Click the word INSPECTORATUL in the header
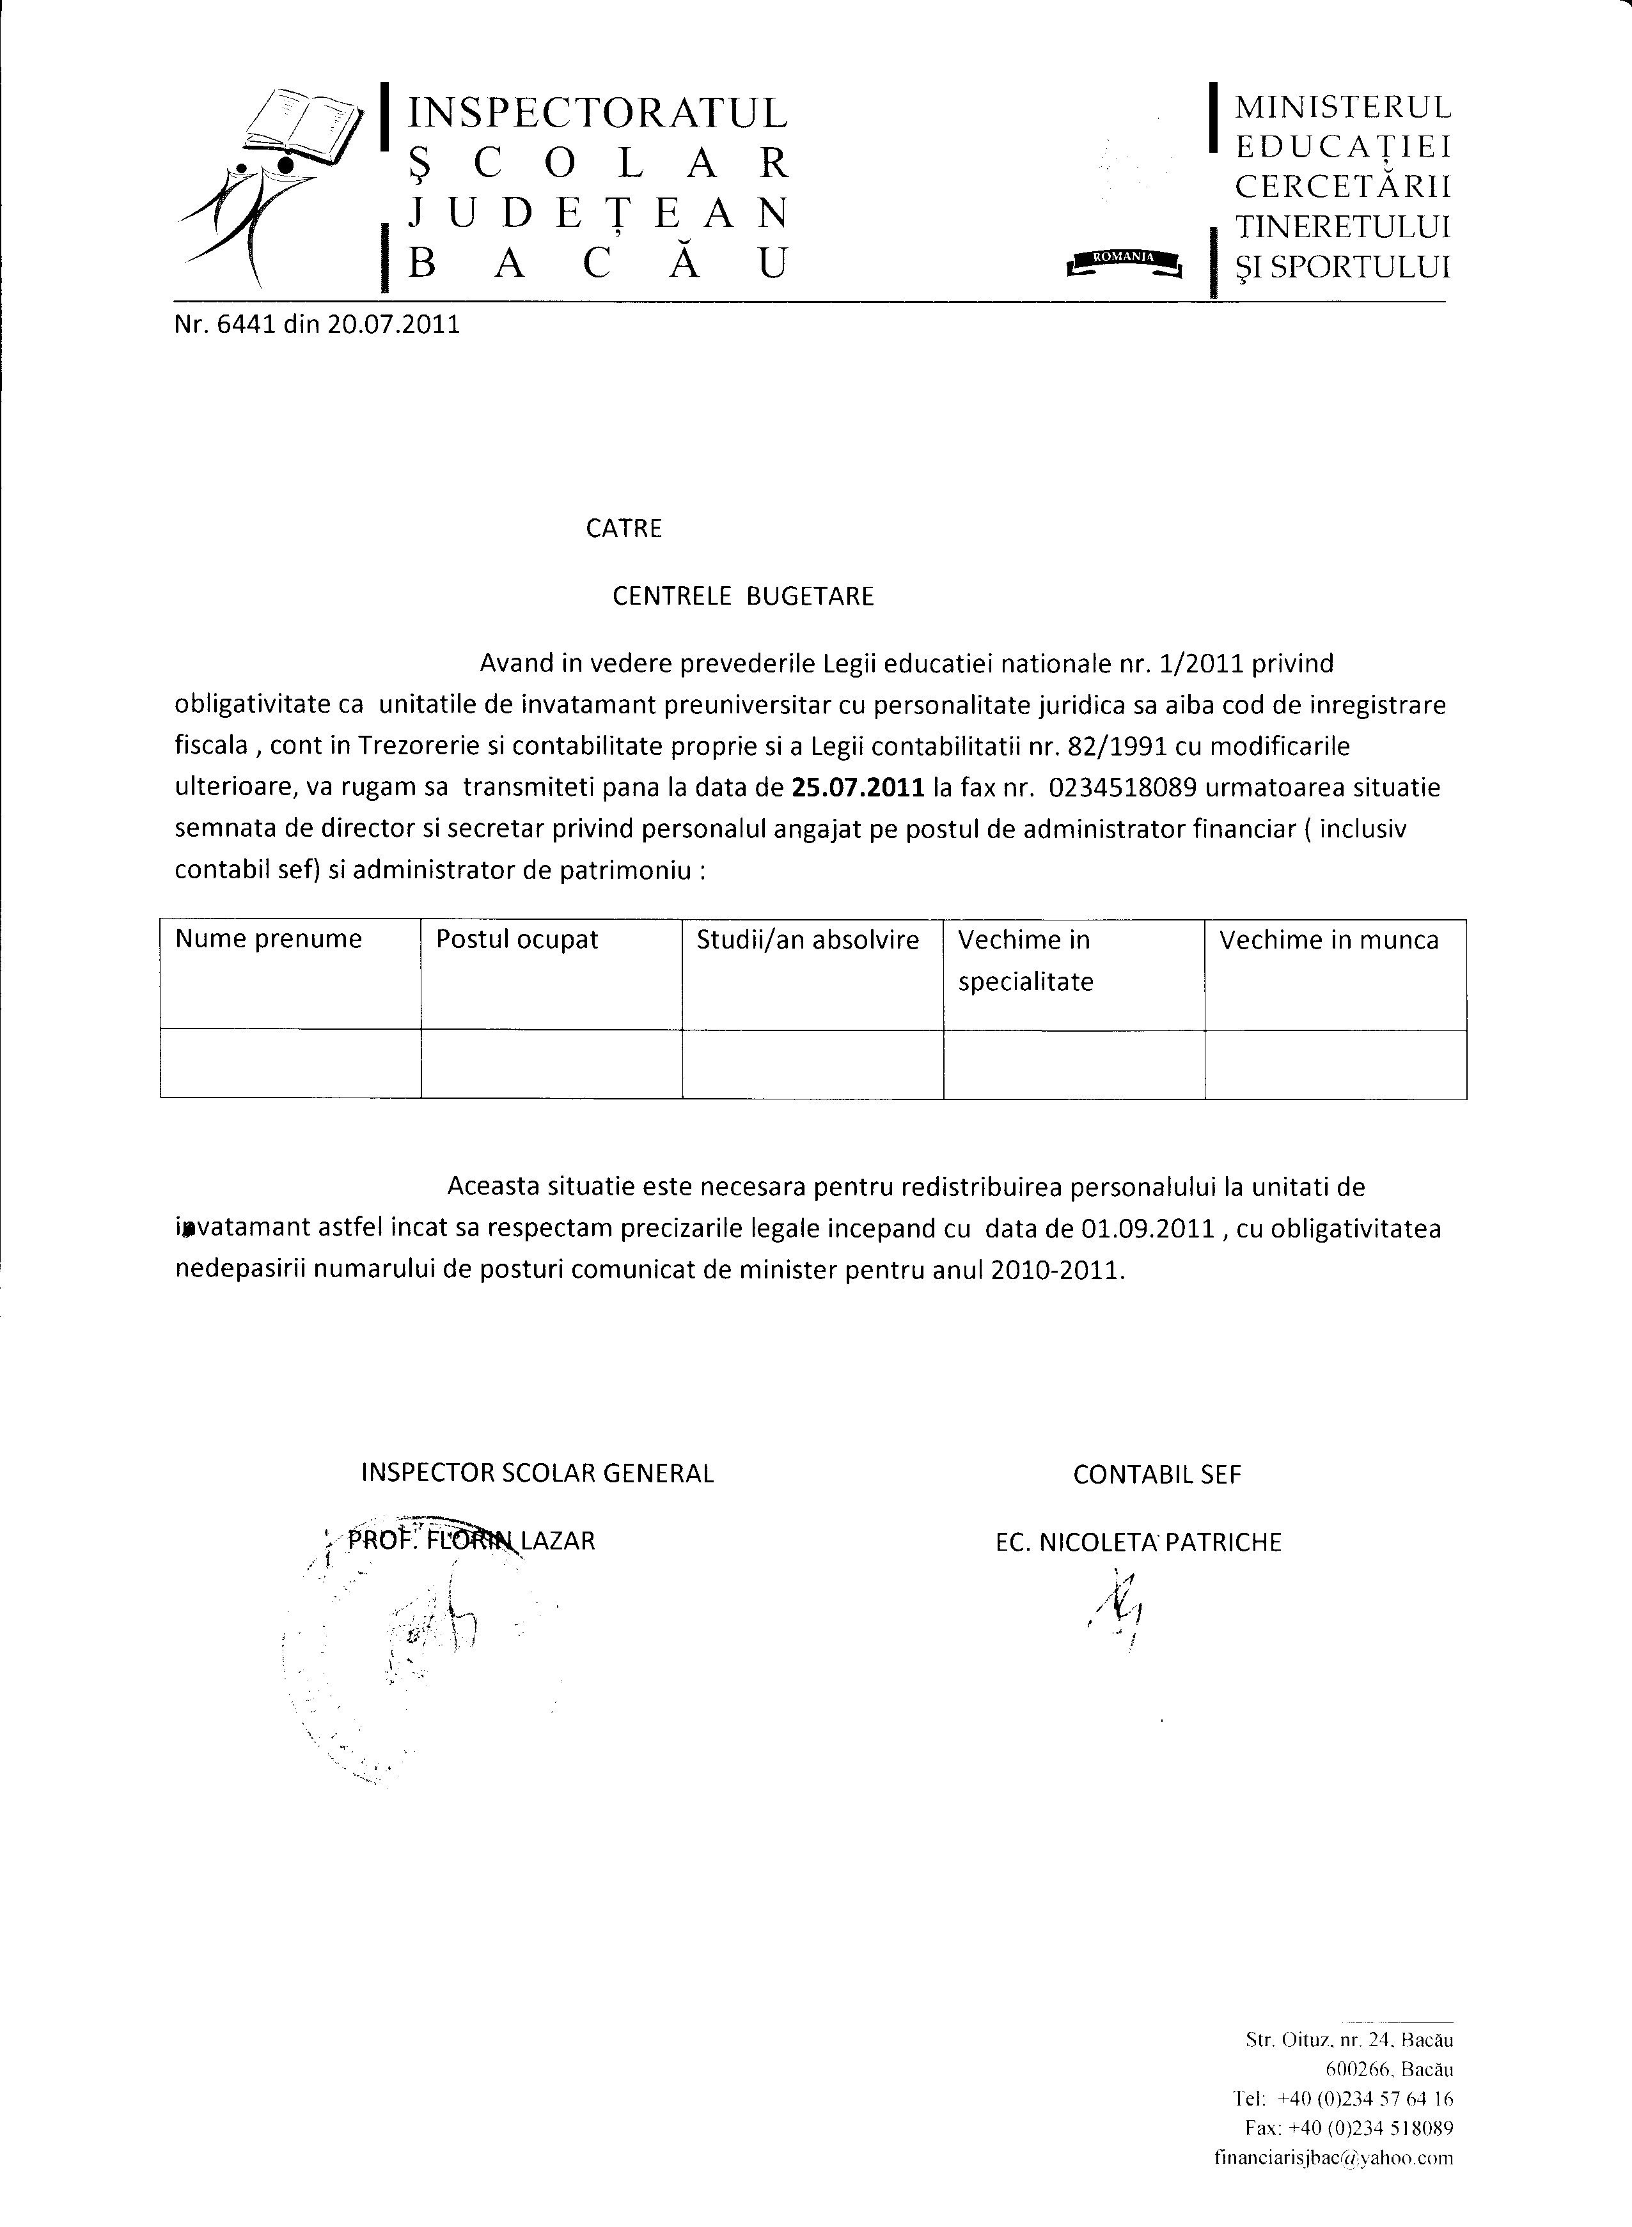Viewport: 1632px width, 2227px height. (x=598, y=113)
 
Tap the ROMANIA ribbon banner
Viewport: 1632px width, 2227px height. (x=1123, y=260)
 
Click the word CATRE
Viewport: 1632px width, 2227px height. (x=624, y=529)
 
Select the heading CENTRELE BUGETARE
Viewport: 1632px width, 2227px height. (x=743, y=596)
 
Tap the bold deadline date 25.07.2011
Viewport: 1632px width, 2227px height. (x=858, y=788)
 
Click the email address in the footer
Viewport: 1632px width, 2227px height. (x=1333, y=2158)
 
